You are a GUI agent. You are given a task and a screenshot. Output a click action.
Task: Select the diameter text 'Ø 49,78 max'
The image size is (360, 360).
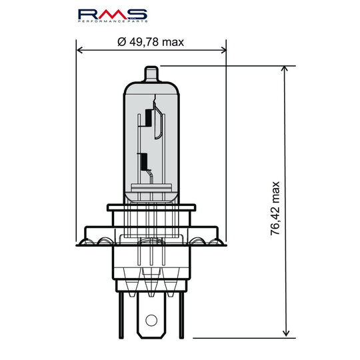[150, 42]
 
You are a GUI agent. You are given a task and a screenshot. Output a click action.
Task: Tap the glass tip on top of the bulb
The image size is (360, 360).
[152, 72]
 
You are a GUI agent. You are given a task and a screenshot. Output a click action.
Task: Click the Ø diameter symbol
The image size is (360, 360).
[121, 42]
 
